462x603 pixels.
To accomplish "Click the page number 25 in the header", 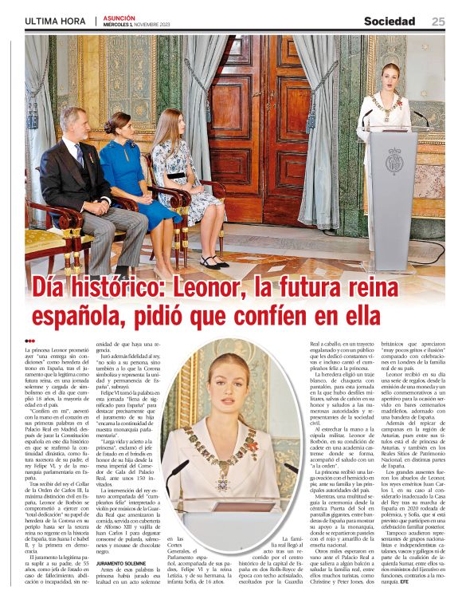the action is [438, 22].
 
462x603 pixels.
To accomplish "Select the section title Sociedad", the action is [390, 22].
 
